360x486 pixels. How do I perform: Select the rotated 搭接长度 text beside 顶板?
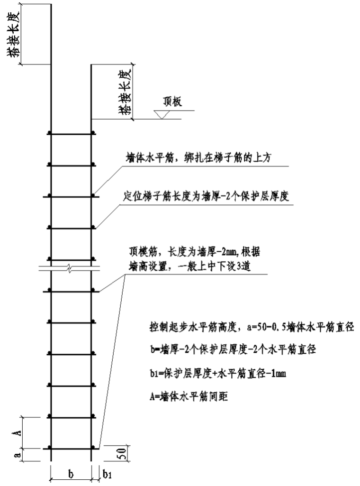[x=125, y=92]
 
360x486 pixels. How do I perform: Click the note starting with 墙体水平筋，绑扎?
[x=198, y=158]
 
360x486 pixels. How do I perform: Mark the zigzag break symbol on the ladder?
[x=71, y=269]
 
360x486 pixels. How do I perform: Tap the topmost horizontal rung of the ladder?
[x=71, y=134]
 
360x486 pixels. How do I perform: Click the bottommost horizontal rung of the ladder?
[x=71, y=448]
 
